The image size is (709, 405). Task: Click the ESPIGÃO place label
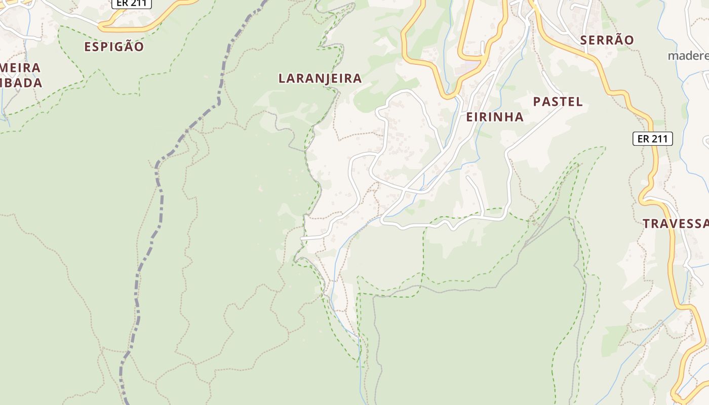(114, 47)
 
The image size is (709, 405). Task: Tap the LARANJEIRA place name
(320, 78)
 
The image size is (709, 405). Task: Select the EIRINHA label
(494, 117)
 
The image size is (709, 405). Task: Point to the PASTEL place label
(558, 102)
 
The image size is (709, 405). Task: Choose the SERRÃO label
(607, 40)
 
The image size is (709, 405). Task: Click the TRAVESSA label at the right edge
(676, 224)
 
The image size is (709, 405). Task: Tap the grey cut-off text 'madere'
(688, 56)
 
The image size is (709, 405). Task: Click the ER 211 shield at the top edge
(131, 3)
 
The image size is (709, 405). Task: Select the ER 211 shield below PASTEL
(652, 139)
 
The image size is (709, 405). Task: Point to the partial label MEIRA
(20, 68)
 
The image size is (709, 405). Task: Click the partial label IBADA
(21, 83)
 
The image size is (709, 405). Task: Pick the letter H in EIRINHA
(507, 117)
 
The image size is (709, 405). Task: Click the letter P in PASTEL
(537, 102)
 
